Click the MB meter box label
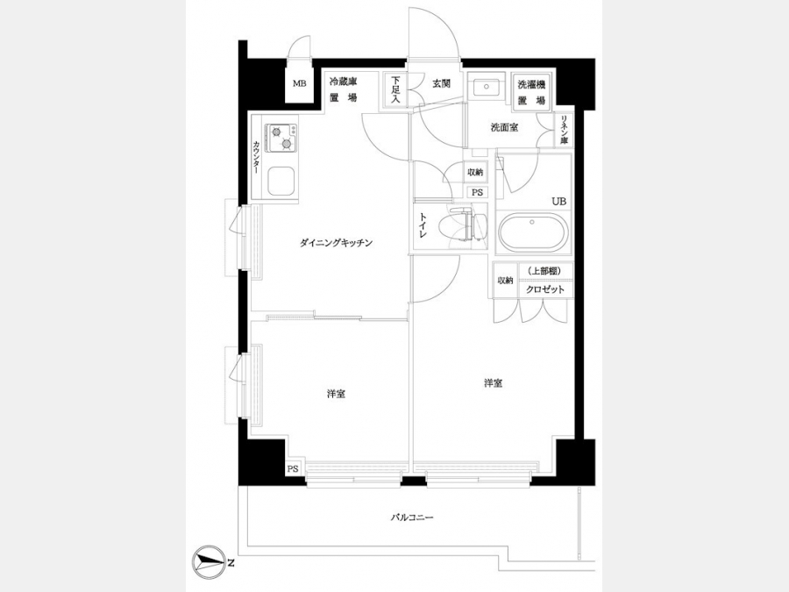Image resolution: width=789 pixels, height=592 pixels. pos(300,84)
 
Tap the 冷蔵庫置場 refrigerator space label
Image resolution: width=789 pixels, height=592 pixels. pos(343,89)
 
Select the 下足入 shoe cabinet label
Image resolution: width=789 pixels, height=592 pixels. pos(396,89)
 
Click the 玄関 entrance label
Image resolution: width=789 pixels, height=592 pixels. pos(441,83)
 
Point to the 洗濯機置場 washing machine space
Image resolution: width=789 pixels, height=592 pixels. pos(532,92)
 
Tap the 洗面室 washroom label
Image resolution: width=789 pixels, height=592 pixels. pos(505,127)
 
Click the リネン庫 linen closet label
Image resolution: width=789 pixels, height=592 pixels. pos(564,131)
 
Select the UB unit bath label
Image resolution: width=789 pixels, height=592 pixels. pos(559,202)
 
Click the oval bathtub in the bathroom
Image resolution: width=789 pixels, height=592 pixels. pos(533,233)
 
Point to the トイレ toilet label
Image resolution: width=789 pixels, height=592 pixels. pos(423,225)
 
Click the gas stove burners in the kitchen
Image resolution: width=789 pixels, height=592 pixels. pos(281,138)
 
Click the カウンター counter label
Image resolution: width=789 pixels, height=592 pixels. pos(257,157)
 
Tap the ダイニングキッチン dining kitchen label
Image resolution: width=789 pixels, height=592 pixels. pos(336,243)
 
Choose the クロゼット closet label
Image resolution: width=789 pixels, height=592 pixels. pos(545,289)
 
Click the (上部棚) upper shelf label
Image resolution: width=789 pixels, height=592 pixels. pos(544,271)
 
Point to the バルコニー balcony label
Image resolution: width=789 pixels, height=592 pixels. pos(412,517)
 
